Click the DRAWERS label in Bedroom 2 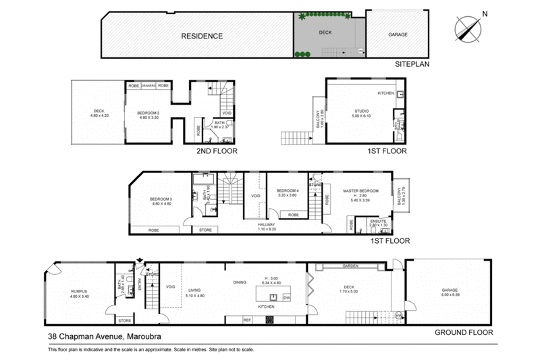(x=148, y=86)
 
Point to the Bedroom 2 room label (x=148, y=113)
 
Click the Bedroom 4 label (x=288, y=191)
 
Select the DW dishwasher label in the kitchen (x=287, y=297)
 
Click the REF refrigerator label (x=247, y=319)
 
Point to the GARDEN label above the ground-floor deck (x=349, y=266)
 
